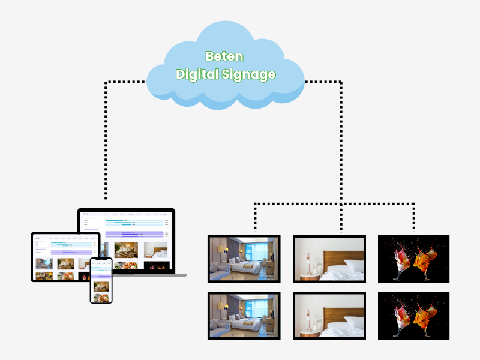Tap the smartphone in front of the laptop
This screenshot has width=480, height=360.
[101, 280]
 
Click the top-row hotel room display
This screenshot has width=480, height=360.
[244, 259]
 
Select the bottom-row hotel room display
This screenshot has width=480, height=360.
[244, 316]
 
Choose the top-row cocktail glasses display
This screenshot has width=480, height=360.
[413, 259]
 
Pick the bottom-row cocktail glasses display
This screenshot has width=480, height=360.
[413, 316]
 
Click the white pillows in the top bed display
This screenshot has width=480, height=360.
[348, 267]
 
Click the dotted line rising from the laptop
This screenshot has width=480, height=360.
[106, 144]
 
